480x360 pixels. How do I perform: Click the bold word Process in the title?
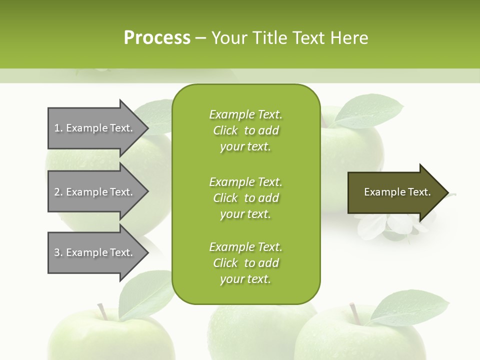point(157,38)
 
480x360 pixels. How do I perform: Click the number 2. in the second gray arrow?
point(58,192)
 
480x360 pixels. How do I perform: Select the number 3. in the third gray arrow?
point(58,252)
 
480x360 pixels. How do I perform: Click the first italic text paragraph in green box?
point(245,130)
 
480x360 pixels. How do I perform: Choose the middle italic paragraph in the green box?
point(245,198)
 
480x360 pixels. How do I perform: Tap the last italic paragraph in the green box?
point(245,263)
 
